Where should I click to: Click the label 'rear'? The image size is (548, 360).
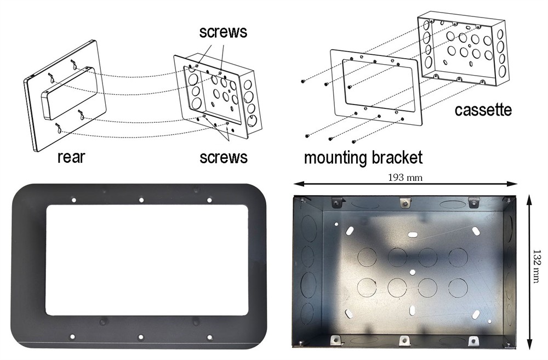[x=71, y=157]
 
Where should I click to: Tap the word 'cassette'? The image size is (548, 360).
[x=483, y=110]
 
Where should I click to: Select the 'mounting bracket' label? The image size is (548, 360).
[x=363, y=158]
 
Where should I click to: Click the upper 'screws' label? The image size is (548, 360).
[x=223, y=32]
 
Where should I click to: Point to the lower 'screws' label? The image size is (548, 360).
[x=224, y=157]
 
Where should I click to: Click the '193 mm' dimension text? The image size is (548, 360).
[x=405, y=178]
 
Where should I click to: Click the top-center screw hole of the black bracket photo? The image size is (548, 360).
[x=141, y=200]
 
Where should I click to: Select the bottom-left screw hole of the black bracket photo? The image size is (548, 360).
[x=72, y=337]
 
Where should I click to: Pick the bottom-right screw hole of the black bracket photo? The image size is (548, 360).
[x=210, y=338]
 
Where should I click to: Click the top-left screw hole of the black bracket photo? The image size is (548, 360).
[x=74, y=200]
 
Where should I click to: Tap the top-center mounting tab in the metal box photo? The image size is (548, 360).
[x=404, y=202]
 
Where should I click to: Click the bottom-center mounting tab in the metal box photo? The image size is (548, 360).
[x=404, y=341]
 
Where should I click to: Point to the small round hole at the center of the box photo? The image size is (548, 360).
[x=412, y=272]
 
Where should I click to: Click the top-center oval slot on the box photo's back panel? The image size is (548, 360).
[x=413, y=234]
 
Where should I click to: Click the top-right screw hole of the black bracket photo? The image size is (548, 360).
[x=209, y=200]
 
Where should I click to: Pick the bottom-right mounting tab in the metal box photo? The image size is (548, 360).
[x=473, y=341]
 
